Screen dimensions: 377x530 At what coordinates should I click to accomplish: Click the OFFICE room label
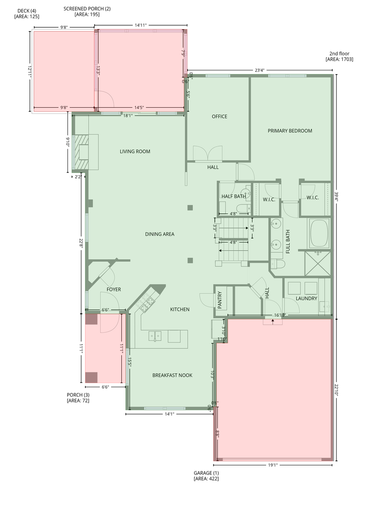pyautogui.click(x=219, y=116)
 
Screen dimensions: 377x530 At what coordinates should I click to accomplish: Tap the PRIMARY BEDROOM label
pyautogui.click(x=290, y=131)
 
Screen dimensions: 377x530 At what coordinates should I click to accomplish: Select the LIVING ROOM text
pyautogui.click(x=135, y=152)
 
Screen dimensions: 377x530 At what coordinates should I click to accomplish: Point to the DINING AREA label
pyautogui.click(x=159, y=234)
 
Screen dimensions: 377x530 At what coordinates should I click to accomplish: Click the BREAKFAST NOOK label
pyautogui.click(x=172, y=375)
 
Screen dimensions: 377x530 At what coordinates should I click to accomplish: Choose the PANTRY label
pyautogui.click(x=220, y=300)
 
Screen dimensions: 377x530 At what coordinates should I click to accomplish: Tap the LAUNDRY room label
pyautogui.click(x=306, y=299)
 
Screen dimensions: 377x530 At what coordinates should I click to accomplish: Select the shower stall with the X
pyautogui.click(x=318, y=264)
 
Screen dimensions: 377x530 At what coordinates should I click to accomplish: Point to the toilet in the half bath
pyautogui.click(x=244, y=208)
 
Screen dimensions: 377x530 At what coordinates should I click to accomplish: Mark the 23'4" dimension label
pyautogui.click(x=259, y=70)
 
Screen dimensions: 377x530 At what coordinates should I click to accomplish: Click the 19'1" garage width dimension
pyautogui.click(x=273, y=465)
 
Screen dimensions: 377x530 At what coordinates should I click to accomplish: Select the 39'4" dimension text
pyautogui.click(x=336, y=196)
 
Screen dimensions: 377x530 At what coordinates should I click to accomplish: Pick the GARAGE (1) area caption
pyautogui.click(x=206, y=476)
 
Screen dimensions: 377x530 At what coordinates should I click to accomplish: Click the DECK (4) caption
pyautogui.click(x=27, y=14)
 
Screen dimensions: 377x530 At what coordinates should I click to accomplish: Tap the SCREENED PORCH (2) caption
pyautogui.click(x=87, y=12)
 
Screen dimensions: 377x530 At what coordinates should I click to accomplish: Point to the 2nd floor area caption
pyautogui.click(x=339, y=56)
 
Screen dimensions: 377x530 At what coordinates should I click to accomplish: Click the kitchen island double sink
pyautogui.click(x=155, y=336)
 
